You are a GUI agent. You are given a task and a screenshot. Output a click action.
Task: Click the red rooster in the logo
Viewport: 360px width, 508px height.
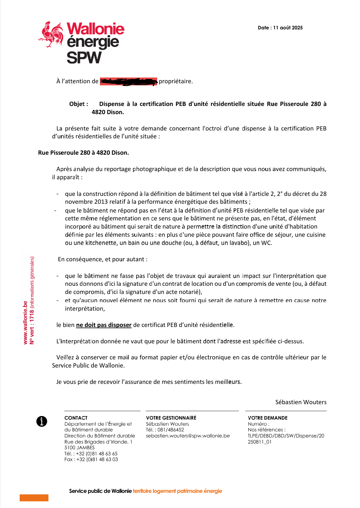coord(51,34)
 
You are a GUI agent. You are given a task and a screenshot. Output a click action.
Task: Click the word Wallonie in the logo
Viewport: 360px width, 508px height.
coord(95,29)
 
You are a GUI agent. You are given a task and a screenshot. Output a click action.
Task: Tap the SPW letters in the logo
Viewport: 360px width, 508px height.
coord(84,58)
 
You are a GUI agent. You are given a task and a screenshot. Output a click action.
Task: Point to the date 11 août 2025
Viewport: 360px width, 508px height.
coord(288,28)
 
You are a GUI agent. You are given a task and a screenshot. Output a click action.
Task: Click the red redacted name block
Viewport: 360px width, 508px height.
coord(128,81)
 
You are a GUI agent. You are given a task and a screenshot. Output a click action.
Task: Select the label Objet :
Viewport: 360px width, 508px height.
coord(79,104)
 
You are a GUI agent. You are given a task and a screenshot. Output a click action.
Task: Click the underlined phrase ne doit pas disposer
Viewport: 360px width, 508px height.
coord(104,325)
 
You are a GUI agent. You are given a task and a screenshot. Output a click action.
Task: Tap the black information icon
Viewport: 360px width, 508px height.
coord(42,421)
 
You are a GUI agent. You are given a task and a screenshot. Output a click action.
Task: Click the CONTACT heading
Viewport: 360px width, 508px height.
coord(76,418)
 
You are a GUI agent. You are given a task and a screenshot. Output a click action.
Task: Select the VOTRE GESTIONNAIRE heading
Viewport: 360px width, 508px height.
coord(171,418)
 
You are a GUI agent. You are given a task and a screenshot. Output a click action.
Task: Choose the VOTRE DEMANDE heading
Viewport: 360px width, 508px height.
coord(268,418)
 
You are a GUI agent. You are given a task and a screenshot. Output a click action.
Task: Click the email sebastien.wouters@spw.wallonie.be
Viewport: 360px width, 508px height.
coord(188,436)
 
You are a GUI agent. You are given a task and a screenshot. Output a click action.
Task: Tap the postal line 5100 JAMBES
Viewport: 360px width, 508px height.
coord(79,447)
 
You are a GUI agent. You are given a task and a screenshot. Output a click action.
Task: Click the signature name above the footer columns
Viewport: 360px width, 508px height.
coord(301,402)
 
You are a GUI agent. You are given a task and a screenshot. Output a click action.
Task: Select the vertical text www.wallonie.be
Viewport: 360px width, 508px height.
coord(25,322)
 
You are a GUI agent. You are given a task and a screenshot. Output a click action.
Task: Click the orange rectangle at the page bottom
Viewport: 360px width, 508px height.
coord(34,498)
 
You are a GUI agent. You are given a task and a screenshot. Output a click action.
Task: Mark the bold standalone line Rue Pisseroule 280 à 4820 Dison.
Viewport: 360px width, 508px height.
coord(84,153)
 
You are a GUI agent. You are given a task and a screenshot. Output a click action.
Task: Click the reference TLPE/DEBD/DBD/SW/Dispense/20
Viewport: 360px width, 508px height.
coord(286,436)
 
